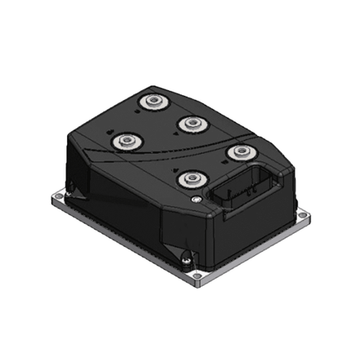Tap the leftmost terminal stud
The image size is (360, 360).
click(128, 138)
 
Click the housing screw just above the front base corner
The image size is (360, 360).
click(186, 255)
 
